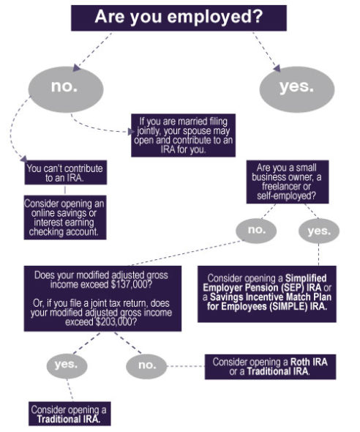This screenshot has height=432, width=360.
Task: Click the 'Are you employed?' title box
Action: tap(179, 18)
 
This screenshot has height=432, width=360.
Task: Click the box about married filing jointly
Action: tap(183, 135)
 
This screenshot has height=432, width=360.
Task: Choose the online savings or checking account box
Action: tap(65, 217)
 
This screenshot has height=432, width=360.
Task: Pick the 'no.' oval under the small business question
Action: tap(256, 230)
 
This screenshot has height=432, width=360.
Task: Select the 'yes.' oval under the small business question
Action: tap(319, 230)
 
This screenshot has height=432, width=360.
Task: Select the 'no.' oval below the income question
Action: tap(147, 364)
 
